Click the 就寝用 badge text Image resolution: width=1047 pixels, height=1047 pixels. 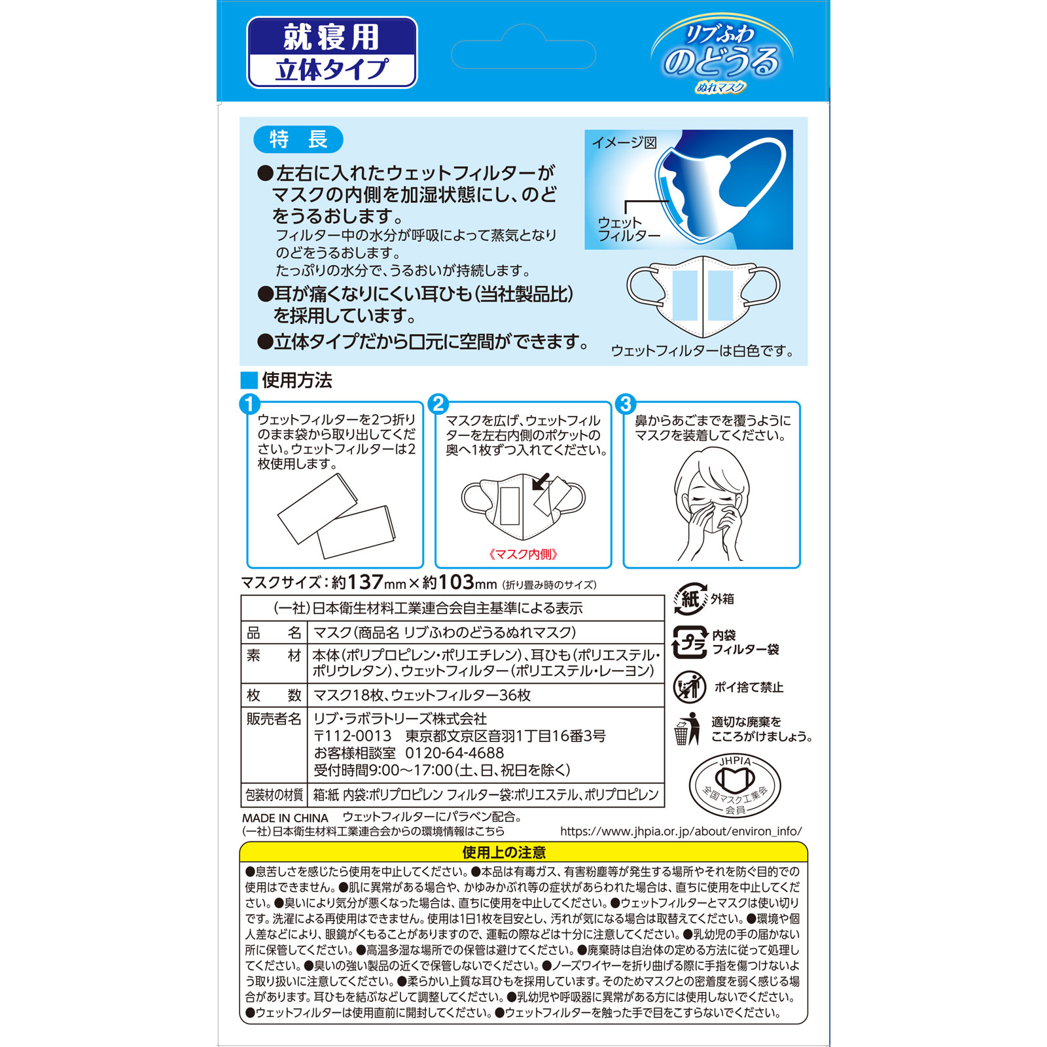point(331,37)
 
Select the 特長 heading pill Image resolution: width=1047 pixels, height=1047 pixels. point(298,139)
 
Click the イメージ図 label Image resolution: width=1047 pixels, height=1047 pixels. point(624,143)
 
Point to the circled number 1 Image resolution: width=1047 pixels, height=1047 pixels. point(250,404)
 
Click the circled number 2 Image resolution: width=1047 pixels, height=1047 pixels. point(438,404)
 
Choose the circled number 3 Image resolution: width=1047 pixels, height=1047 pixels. point(626,404)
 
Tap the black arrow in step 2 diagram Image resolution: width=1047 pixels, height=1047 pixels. point(541,482)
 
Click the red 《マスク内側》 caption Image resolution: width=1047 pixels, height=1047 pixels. point(523,554)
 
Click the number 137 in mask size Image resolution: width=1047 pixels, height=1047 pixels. point(365,582)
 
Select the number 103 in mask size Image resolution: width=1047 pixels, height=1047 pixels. point(456,582)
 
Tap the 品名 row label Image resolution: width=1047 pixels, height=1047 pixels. point(274,633)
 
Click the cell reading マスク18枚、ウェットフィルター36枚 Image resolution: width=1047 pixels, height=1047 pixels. point(422,695)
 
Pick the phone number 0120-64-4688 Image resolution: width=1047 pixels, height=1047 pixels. point(455,753)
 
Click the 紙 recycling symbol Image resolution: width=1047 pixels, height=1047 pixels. point(690,599)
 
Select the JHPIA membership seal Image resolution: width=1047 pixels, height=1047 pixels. point(735,785)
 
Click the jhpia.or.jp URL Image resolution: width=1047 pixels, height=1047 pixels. point(681,832)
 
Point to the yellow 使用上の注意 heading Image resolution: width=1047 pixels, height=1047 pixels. point(504,852)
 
